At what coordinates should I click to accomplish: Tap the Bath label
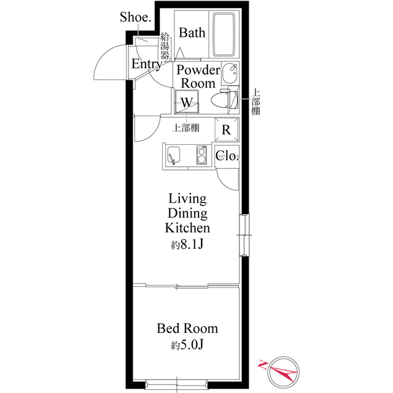click(x=192, y=33)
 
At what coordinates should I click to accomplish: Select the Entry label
click(x=146, y=64)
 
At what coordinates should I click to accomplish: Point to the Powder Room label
click(x=197, y=76)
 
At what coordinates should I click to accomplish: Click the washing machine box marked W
click(x=187, y=101)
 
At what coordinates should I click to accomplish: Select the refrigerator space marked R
click(x=225, y=130)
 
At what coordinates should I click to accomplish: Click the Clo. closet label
click(x=226, y=156)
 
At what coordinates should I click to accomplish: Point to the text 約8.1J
click(x=187, y=245)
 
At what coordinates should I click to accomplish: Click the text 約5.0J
click(x=187, y=345)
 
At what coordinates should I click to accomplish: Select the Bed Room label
click(x=187, y=329)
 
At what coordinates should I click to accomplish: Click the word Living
click(x=187, y=198)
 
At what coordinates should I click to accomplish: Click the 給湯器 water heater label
click(x=165, y=47)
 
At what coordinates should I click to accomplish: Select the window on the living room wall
click(x=244, y=234)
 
